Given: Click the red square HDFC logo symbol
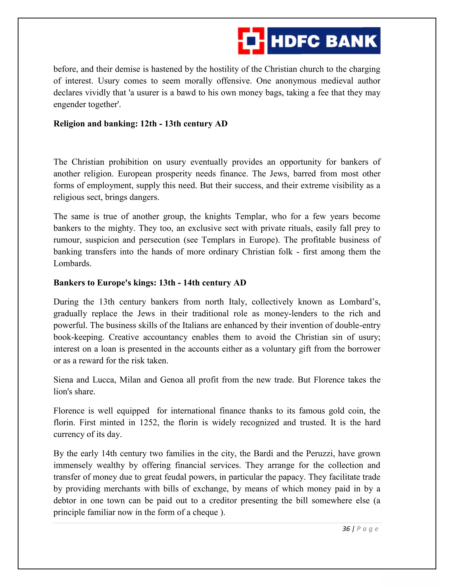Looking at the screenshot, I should pos(251,41).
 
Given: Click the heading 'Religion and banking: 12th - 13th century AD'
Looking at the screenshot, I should pos(140,124).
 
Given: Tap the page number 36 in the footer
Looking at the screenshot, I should pos(346,529).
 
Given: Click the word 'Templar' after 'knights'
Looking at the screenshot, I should pos(251,216).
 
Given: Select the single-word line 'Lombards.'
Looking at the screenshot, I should pos(72,263).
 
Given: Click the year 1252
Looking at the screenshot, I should pos(149,422).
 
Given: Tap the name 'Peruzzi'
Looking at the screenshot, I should pos(320,453).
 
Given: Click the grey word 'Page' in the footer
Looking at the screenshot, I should pos(367,529).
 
